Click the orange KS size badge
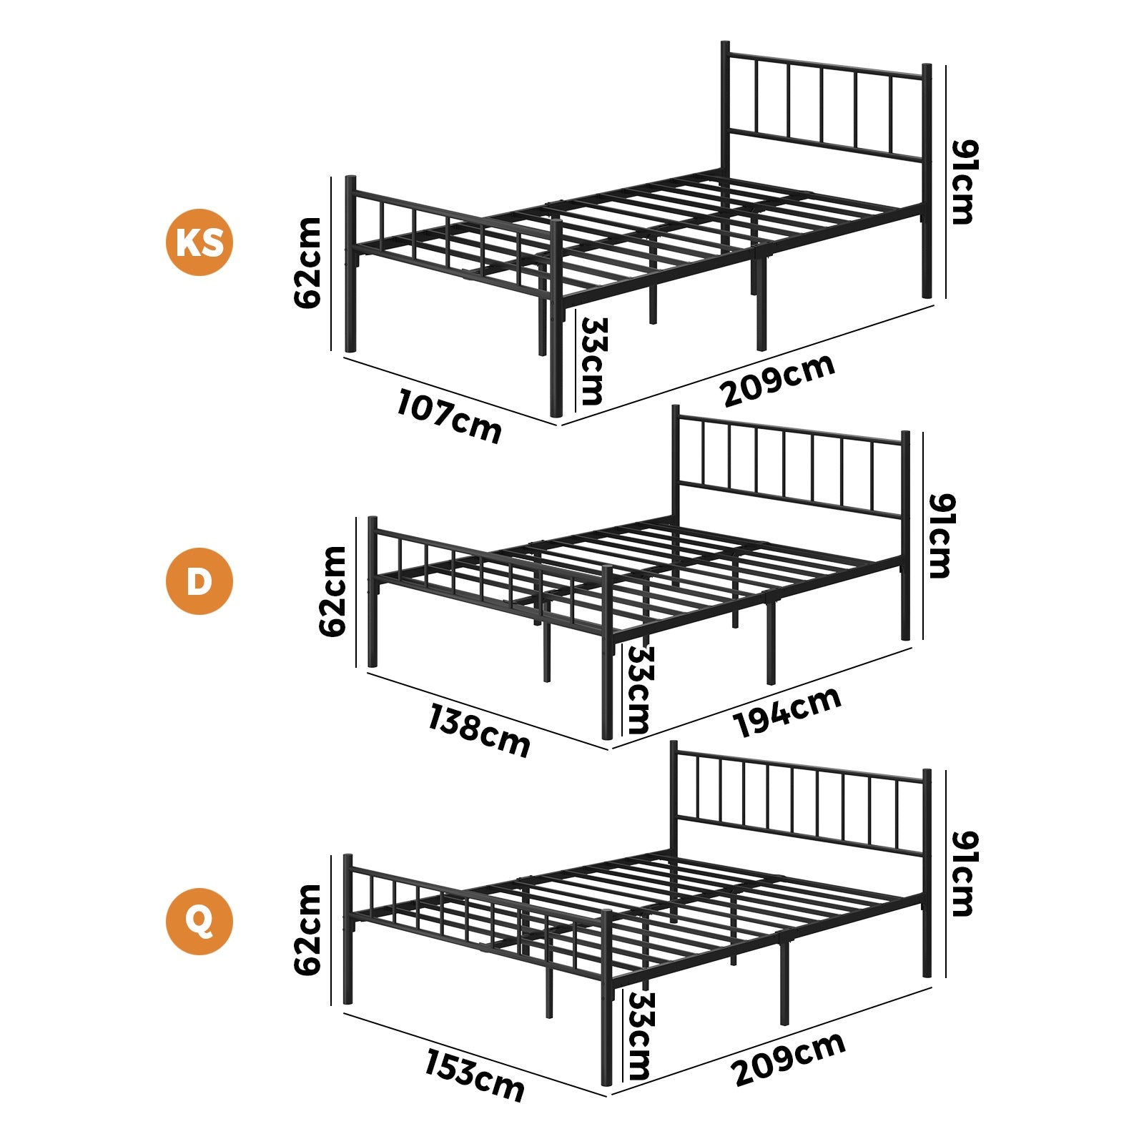pyautogui.click(x=199, y=242)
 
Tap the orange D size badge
pyautogui.click(x=199, y=581)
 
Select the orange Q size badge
pyautogui.click(x=199, y=921)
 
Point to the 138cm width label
pyautogui.click(x=479, y=730)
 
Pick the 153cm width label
pyautogui.click(x=475, y=1075)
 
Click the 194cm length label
pyautogui.click(x=787, y=711)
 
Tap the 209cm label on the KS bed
pyautogui.click(x=778, y=380)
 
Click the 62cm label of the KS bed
pyautogui.click(x=307, y=262)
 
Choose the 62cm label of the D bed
pyautogui.click(x=332, y=591)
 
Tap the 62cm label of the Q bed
pyautogui.click(x=307, y=929)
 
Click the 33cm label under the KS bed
pyautogui.click(x=593, y=361)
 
